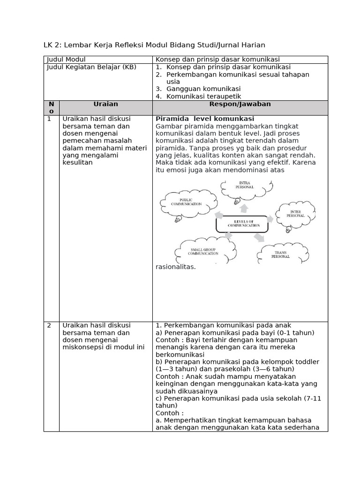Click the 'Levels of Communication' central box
[x=241, y=224]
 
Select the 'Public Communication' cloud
[x=186, y=202]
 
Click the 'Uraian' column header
[x=105, y=104]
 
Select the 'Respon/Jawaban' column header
[x=240, y=104]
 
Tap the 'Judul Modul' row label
[x=66, y=60]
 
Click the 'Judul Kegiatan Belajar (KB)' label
[x=91, y=67]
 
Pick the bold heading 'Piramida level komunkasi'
[x=205, y=119]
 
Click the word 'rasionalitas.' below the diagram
[x=175, y=267]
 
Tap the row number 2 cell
[x=49, y=325]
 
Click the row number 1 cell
[x=49, y=119]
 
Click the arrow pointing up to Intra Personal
[x=244, y=208]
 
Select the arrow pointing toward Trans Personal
[x=259, y=238]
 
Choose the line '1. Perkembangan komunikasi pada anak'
[x=223, y=325]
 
